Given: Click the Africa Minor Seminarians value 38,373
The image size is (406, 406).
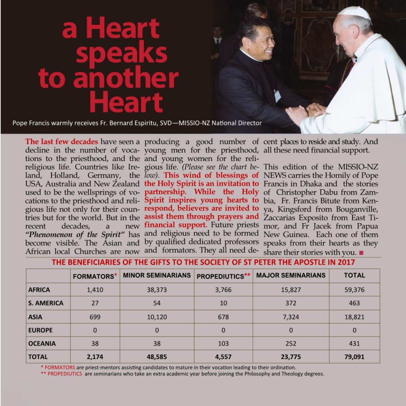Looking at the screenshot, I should coord(156,290).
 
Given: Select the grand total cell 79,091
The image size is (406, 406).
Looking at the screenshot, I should coord(354,357).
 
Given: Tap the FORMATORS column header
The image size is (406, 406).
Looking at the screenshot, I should coord(93,276).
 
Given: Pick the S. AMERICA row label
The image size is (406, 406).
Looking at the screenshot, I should coord(46,303).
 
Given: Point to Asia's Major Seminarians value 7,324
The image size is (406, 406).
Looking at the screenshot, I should coord(291,317).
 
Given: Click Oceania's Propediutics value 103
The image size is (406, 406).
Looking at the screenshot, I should coord(224,343).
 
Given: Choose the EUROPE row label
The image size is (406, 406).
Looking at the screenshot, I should coord(40,330).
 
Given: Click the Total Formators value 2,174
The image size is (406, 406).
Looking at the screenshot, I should coord(95,357).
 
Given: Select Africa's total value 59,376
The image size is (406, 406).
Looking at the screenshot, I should coord(354,290).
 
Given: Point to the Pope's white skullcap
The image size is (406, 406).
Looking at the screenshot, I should coord(354,13).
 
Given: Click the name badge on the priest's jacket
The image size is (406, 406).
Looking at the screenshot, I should coord(277,95).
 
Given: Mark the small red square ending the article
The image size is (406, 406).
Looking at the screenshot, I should coord(361,253).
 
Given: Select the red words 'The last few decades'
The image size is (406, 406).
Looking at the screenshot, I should coord(61,142).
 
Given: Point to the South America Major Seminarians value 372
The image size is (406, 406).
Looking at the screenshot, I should coord(291,303).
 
